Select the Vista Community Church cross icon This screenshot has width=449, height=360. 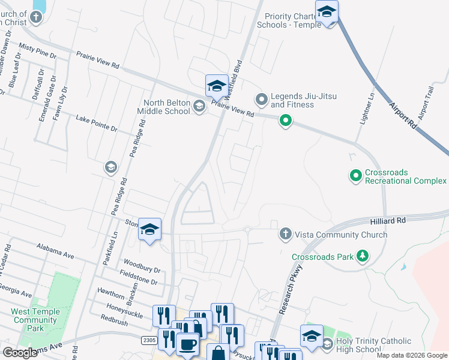tap(286, 235)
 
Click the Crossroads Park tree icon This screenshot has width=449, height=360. tap(362, 257)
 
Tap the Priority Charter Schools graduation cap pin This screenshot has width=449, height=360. tap(327, 12)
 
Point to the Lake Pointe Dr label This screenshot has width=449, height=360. tap(97, 124)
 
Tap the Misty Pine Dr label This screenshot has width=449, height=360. tap(37, 50)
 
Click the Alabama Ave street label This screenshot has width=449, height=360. tap(55, 251)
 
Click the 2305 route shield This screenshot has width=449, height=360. tap(149, 340)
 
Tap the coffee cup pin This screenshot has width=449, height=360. tap(188, 345)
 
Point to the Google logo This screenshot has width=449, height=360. tap(20, 352)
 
